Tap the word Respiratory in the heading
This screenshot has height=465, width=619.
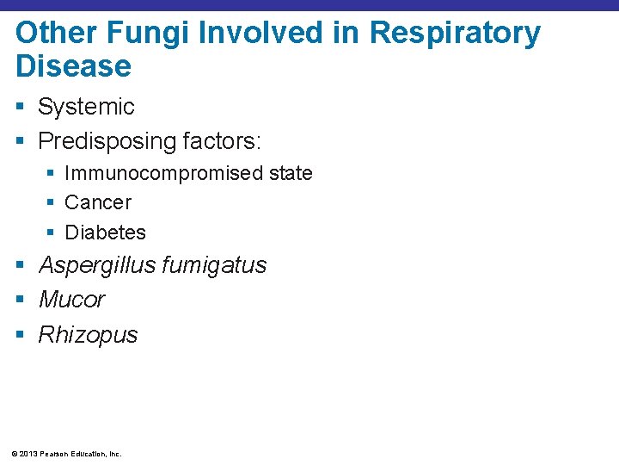coord(455,34)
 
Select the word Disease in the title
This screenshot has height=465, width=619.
coord(73,66)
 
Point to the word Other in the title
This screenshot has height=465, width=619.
coord(53,34)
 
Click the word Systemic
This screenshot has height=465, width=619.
coord(86,107)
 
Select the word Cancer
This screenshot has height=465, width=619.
coord(98,202)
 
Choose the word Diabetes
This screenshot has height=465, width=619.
coord(106,232)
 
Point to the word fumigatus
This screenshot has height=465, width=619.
coord(214,265)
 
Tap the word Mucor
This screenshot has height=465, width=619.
coord(71,300)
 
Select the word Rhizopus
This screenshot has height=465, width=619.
coord(88,335)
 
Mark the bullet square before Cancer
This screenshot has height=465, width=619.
coord(50,203)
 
